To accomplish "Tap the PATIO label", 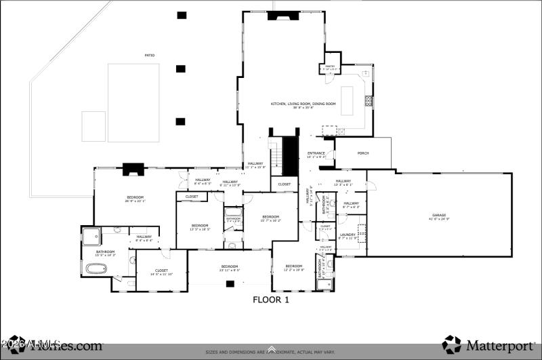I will coord(149,56).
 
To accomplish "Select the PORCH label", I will coord(363,153).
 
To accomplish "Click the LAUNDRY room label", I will coord(348,236).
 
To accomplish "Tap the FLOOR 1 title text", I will coord(271,299).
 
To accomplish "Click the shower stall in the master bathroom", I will coord(91,236).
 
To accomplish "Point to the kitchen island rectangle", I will coord(350,102).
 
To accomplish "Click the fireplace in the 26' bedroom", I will coord(131,169).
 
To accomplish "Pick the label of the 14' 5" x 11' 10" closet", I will coord(161,272).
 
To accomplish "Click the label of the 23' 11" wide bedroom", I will coord(229,268).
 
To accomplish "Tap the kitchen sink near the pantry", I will coord(365,73).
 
